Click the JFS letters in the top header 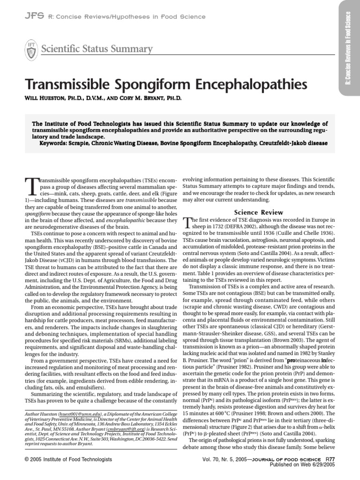[x=34, y=16]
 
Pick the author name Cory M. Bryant [x=150, y=99]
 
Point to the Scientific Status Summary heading [x=97, y=49]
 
